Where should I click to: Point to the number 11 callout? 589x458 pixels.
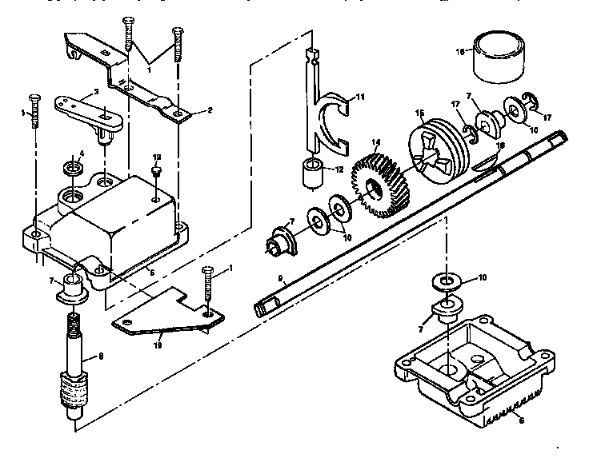(360, 97)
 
